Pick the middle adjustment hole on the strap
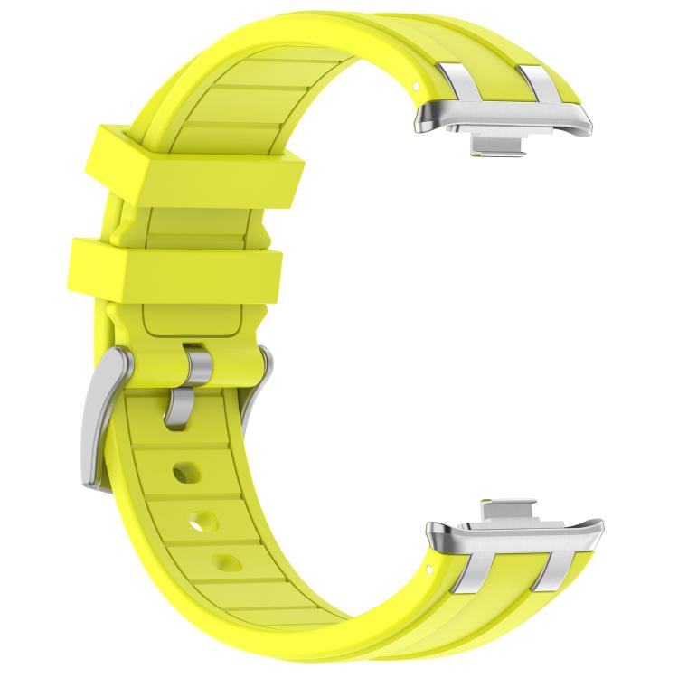point(204,521)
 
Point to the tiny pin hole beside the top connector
point(416,85)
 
